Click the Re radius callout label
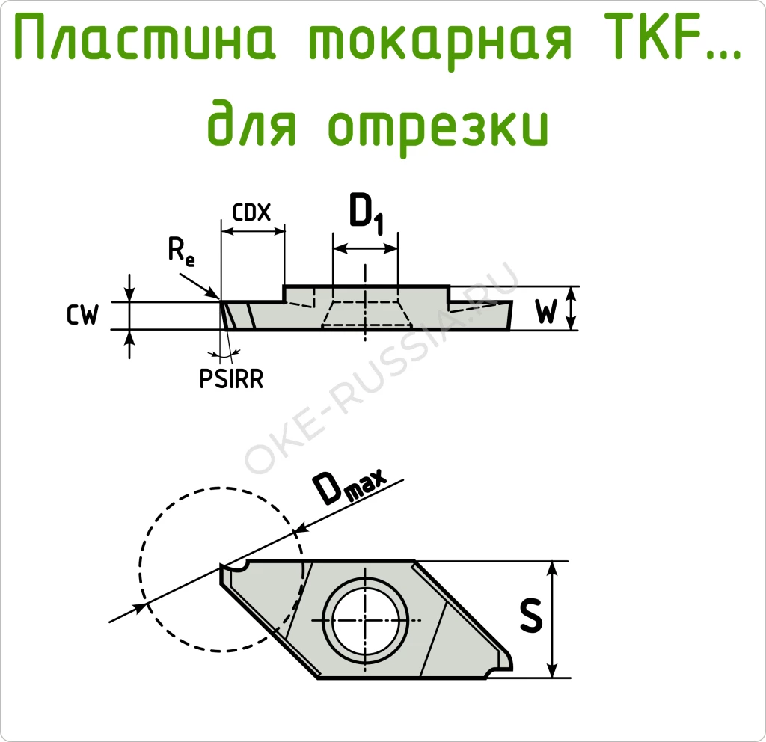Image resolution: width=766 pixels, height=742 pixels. coord(181,253)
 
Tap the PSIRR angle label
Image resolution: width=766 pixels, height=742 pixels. coord(231,380)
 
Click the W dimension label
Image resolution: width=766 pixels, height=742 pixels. coord(547,313)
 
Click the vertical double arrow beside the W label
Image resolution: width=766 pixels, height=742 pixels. coord(573,307)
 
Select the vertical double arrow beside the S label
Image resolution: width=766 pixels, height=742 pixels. coord(553,619)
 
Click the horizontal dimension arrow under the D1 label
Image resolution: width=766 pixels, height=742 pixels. coord(365,248)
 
